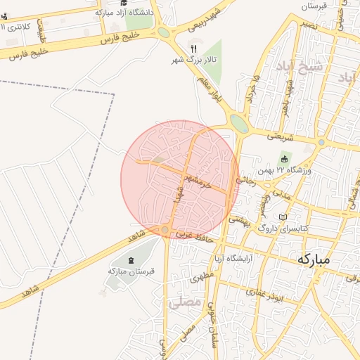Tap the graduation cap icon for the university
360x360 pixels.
coord(124,3)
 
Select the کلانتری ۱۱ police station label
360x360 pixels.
coord(20,27)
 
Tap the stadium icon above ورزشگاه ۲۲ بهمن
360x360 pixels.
coord(284,157)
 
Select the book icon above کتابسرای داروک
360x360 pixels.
coord(283,218)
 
